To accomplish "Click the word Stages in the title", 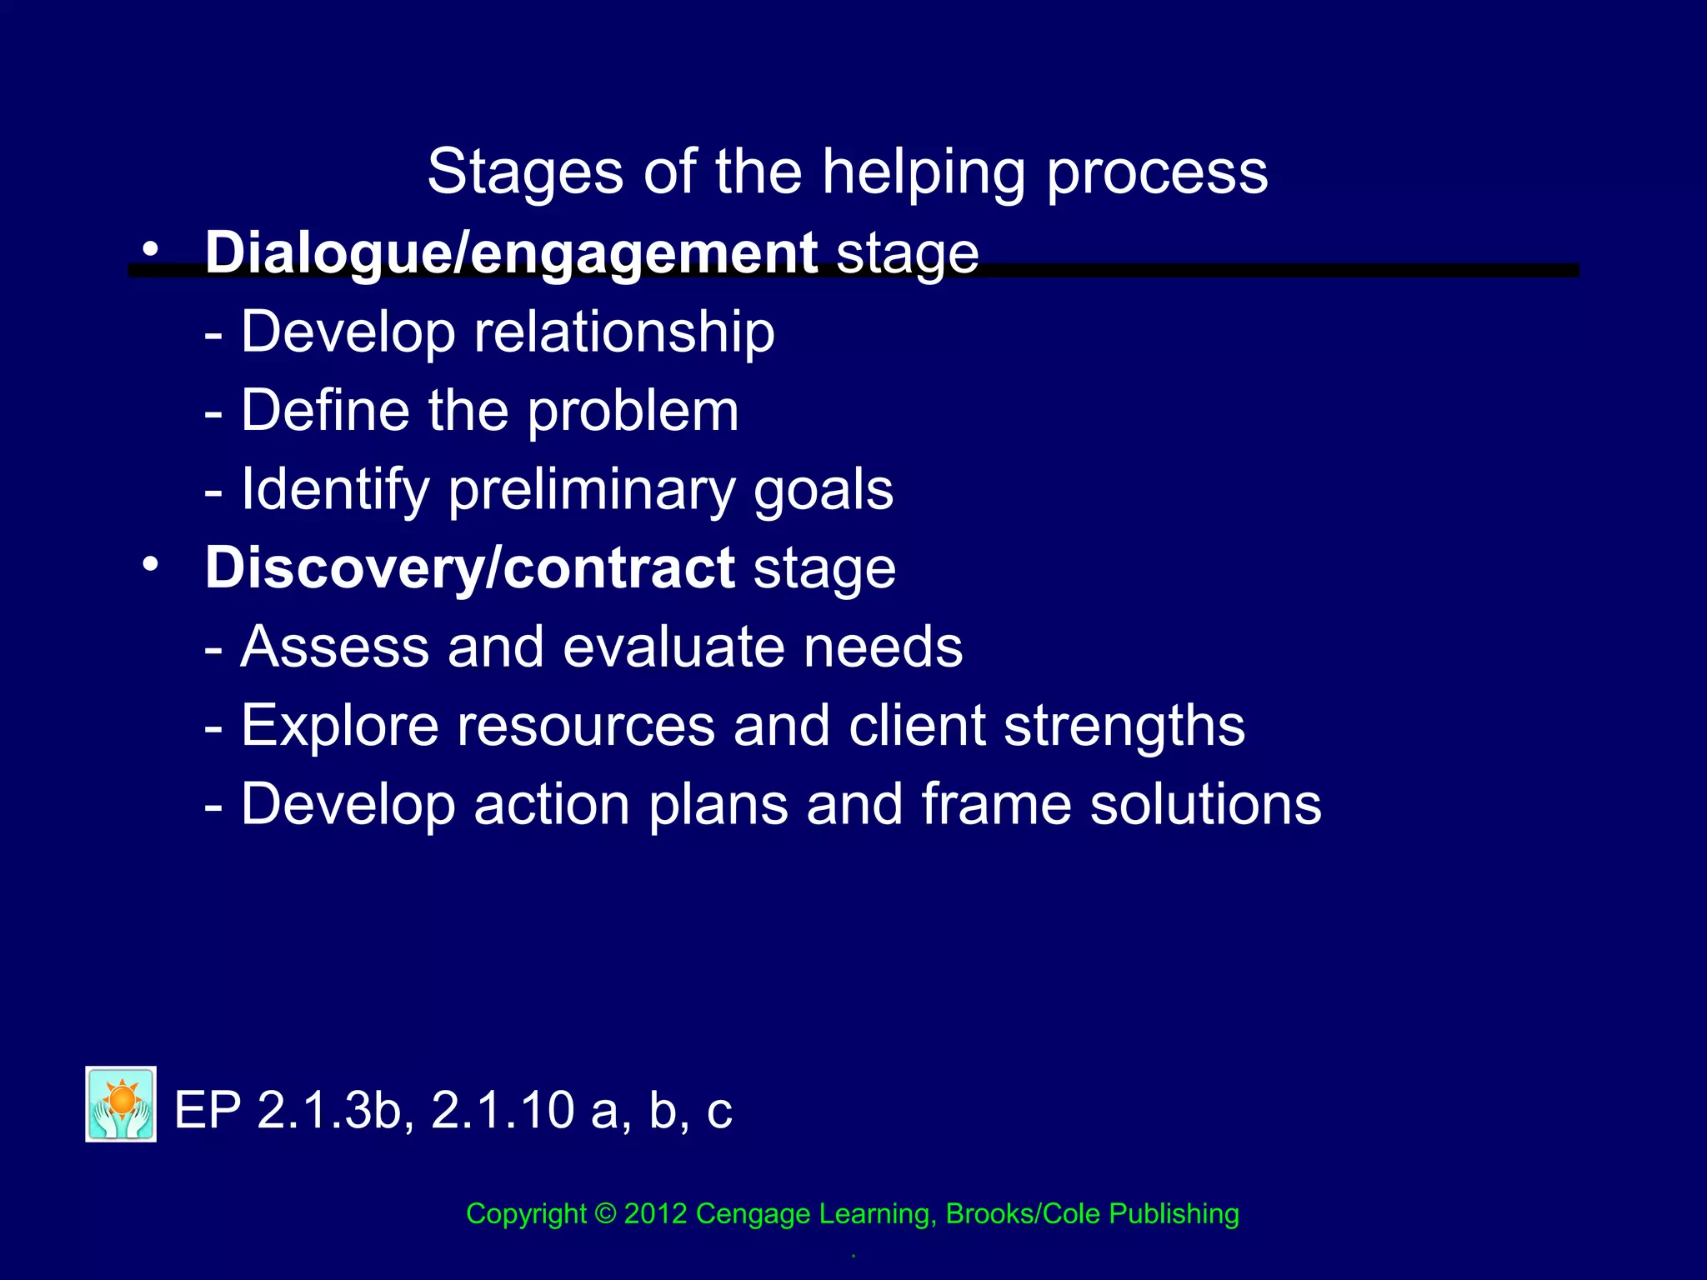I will pyautogui.click(x=525, y=173).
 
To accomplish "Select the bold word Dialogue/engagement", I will pyautogui.click(x=511, y=252).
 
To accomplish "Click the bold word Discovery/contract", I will pyautogui.click(x=469, y=568).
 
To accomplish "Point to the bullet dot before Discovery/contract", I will pyautogui.click(x=150, y=564).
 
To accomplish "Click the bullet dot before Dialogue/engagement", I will pyautogui.click(x=150, y=248).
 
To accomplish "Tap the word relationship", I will pyautogui.click(x=624, y=332).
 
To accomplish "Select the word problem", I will pyautogui.click(x=633, y=412).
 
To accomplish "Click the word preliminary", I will pyautogui.click(x=592, y=490).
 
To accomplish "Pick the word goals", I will pyautogui.click(x=823, y=490).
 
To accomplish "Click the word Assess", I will pyautogui.click(x=334, y=647).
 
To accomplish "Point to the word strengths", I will pyautogui.click(x=1124, y=726).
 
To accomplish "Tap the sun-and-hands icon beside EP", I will pyautogui.click(x=121, y=1104).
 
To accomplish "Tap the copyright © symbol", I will pyautogui.click(x=605, y=1213).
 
